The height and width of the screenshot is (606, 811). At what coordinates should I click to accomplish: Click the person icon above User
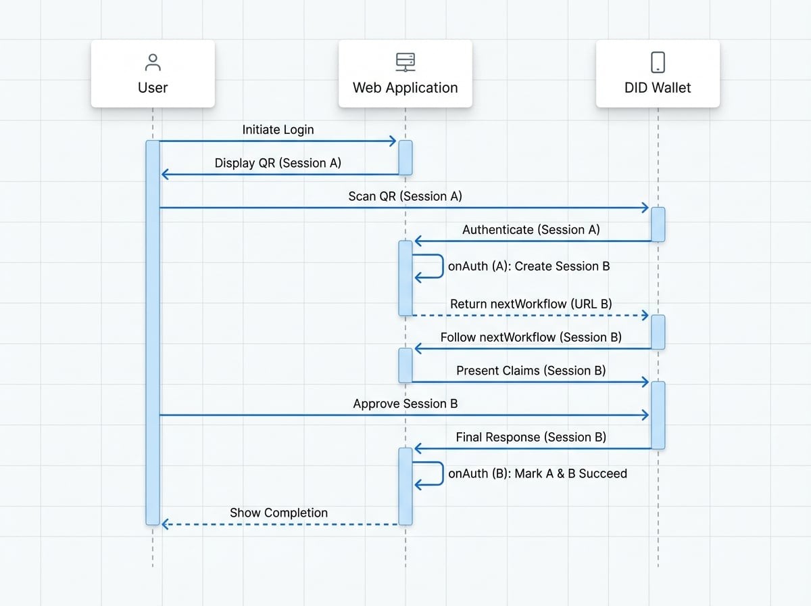pyautogui.click(x=153, y=62)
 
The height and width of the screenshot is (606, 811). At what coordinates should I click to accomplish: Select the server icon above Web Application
pyautogui.click(x=405, y=62)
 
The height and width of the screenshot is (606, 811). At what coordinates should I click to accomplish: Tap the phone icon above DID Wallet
pyautogui.click(x=658, y=62)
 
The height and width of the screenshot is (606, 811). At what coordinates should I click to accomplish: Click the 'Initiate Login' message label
pyautogui.click(x=278, y=129)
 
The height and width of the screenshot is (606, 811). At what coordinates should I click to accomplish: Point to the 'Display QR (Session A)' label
pyautogui.click(x=278, y=163)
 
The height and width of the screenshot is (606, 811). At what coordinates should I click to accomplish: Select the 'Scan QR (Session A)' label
pyautogui.click(x=405, y=196)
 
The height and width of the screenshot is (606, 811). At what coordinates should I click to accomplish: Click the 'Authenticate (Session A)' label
pyautogui.click(x=531, y=229)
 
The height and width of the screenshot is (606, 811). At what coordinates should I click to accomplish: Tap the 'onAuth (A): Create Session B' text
pyautogui.click(x=529, y=266)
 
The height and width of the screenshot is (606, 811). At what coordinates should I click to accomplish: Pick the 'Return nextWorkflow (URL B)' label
pyautogui.click(x=531, y=304)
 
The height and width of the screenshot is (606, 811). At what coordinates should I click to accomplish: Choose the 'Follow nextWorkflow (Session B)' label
pyautogui.click(x=531, y=337)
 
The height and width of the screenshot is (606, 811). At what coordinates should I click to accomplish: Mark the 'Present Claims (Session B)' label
pyautogui.click(x=531, y=370)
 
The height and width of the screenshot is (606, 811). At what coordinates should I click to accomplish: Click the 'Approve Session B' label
pyautogui.click(x=405, y=403)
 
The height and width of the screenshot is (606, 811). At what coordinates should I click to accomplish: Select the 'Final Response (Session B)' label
pyautogui.click(x=531, y=437)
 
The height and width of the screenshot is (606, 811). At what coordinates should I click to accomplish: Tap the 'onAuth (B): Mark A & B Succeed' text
pyautogui.click(x=537, y=473)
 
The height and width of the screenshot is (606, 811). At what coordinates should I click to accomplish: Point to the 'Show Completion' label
pyautogui.click(x=278, y=513)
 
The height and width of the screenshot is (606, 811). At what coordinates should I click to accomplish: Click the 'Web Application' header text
pyautogui.click(x=405, y=88)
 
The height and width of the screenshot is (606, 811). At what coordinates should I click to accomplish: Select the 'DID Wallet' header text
pyautogui.click(x=658, y=88)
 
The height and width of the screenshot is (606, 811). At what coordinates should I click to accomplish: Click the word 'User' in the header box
pyautogui.click(x=153, y=88)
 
